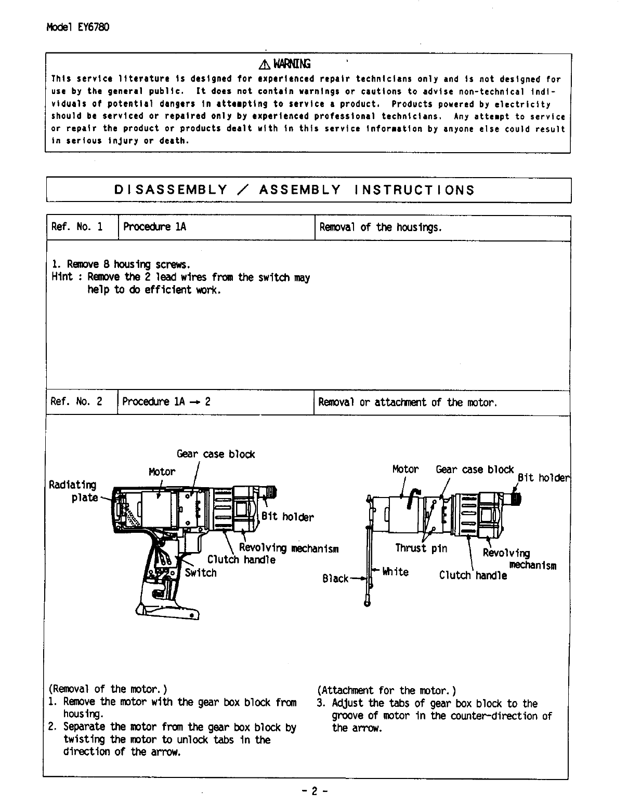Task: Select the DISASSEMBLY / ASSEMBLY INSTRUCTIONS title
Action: click(294, 190)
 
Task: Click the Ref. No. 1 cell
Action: click(77, 227)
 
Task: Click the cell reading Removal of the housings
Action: click(381, 227)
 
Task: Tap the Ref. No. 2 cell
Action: click(77, 401)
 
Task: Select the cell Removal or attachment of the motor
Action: click(408, 402)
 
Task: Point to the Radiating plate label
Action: click(73, 491)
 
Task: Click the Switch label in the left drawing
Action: click(201, 573)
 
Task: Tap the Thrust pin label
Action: click(421, 548)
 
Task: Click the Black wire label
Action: click(335, 579)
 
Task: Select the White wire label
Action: click(395, 572)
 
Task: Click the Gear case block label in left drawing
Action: click(216, 454)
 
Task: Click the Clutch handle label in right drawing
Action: click(473, 575)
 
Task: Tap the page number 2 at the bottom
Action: click(314, 791)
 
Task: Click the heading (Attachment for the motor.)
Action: click(387, 690)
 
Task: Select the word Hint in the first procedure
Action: click(62, 277)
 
